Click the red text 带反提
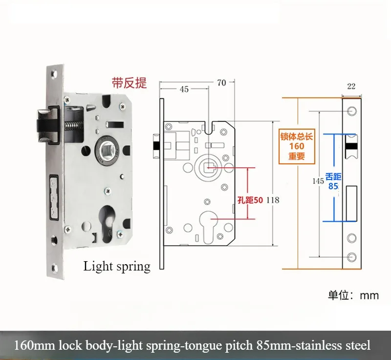(x=129, y=83)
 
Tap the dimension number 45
(x=184, y=89)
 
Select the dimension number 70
(x=221, y=83)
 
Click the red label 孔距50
(x=250, y=200)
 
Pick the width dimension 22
(x=351, y=87)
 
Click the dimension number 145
(x=318, y=181)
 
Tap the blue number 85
(x=334, y=186)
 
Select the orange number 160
(x=296, y=146)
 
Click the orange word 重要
(x=296, y=157)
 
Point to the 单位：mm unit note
(x=353, y=295)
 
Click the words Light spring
(x=117, y=267)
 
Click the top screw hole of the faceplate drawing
(x=351, y=112)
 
